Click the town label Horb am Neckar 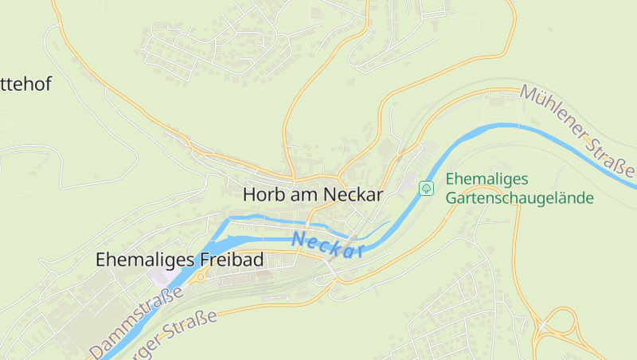tap(313, 194)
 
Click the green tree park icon tap(426, 188)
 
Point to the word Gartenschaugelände tap(520, 198)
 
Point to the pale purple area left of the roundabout tap(159, 276)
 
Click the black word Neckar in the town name tap(354, 194)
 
